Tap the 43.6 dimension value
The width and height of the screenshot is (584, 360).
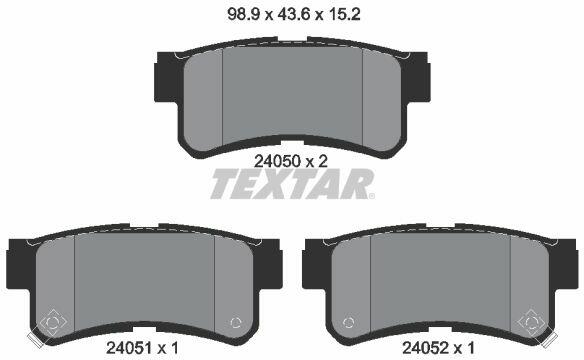click(294, 15)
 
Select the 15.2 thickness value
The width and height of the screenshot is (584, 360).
click(345, 15)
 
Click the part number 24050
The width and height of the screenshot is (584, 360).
click(277, 162)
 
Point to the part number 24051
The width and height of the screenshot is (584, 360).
click(129, 348)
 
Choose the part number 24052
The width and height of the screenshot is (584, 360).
click(425, 348)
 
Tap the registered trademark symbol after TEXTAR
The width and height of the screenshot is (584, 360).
click(371, 196)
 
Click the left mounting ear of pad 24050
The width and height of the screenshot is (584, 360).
click(166, 77)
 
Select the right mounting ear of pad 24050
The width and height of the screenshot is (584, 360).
click(418, 77)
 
